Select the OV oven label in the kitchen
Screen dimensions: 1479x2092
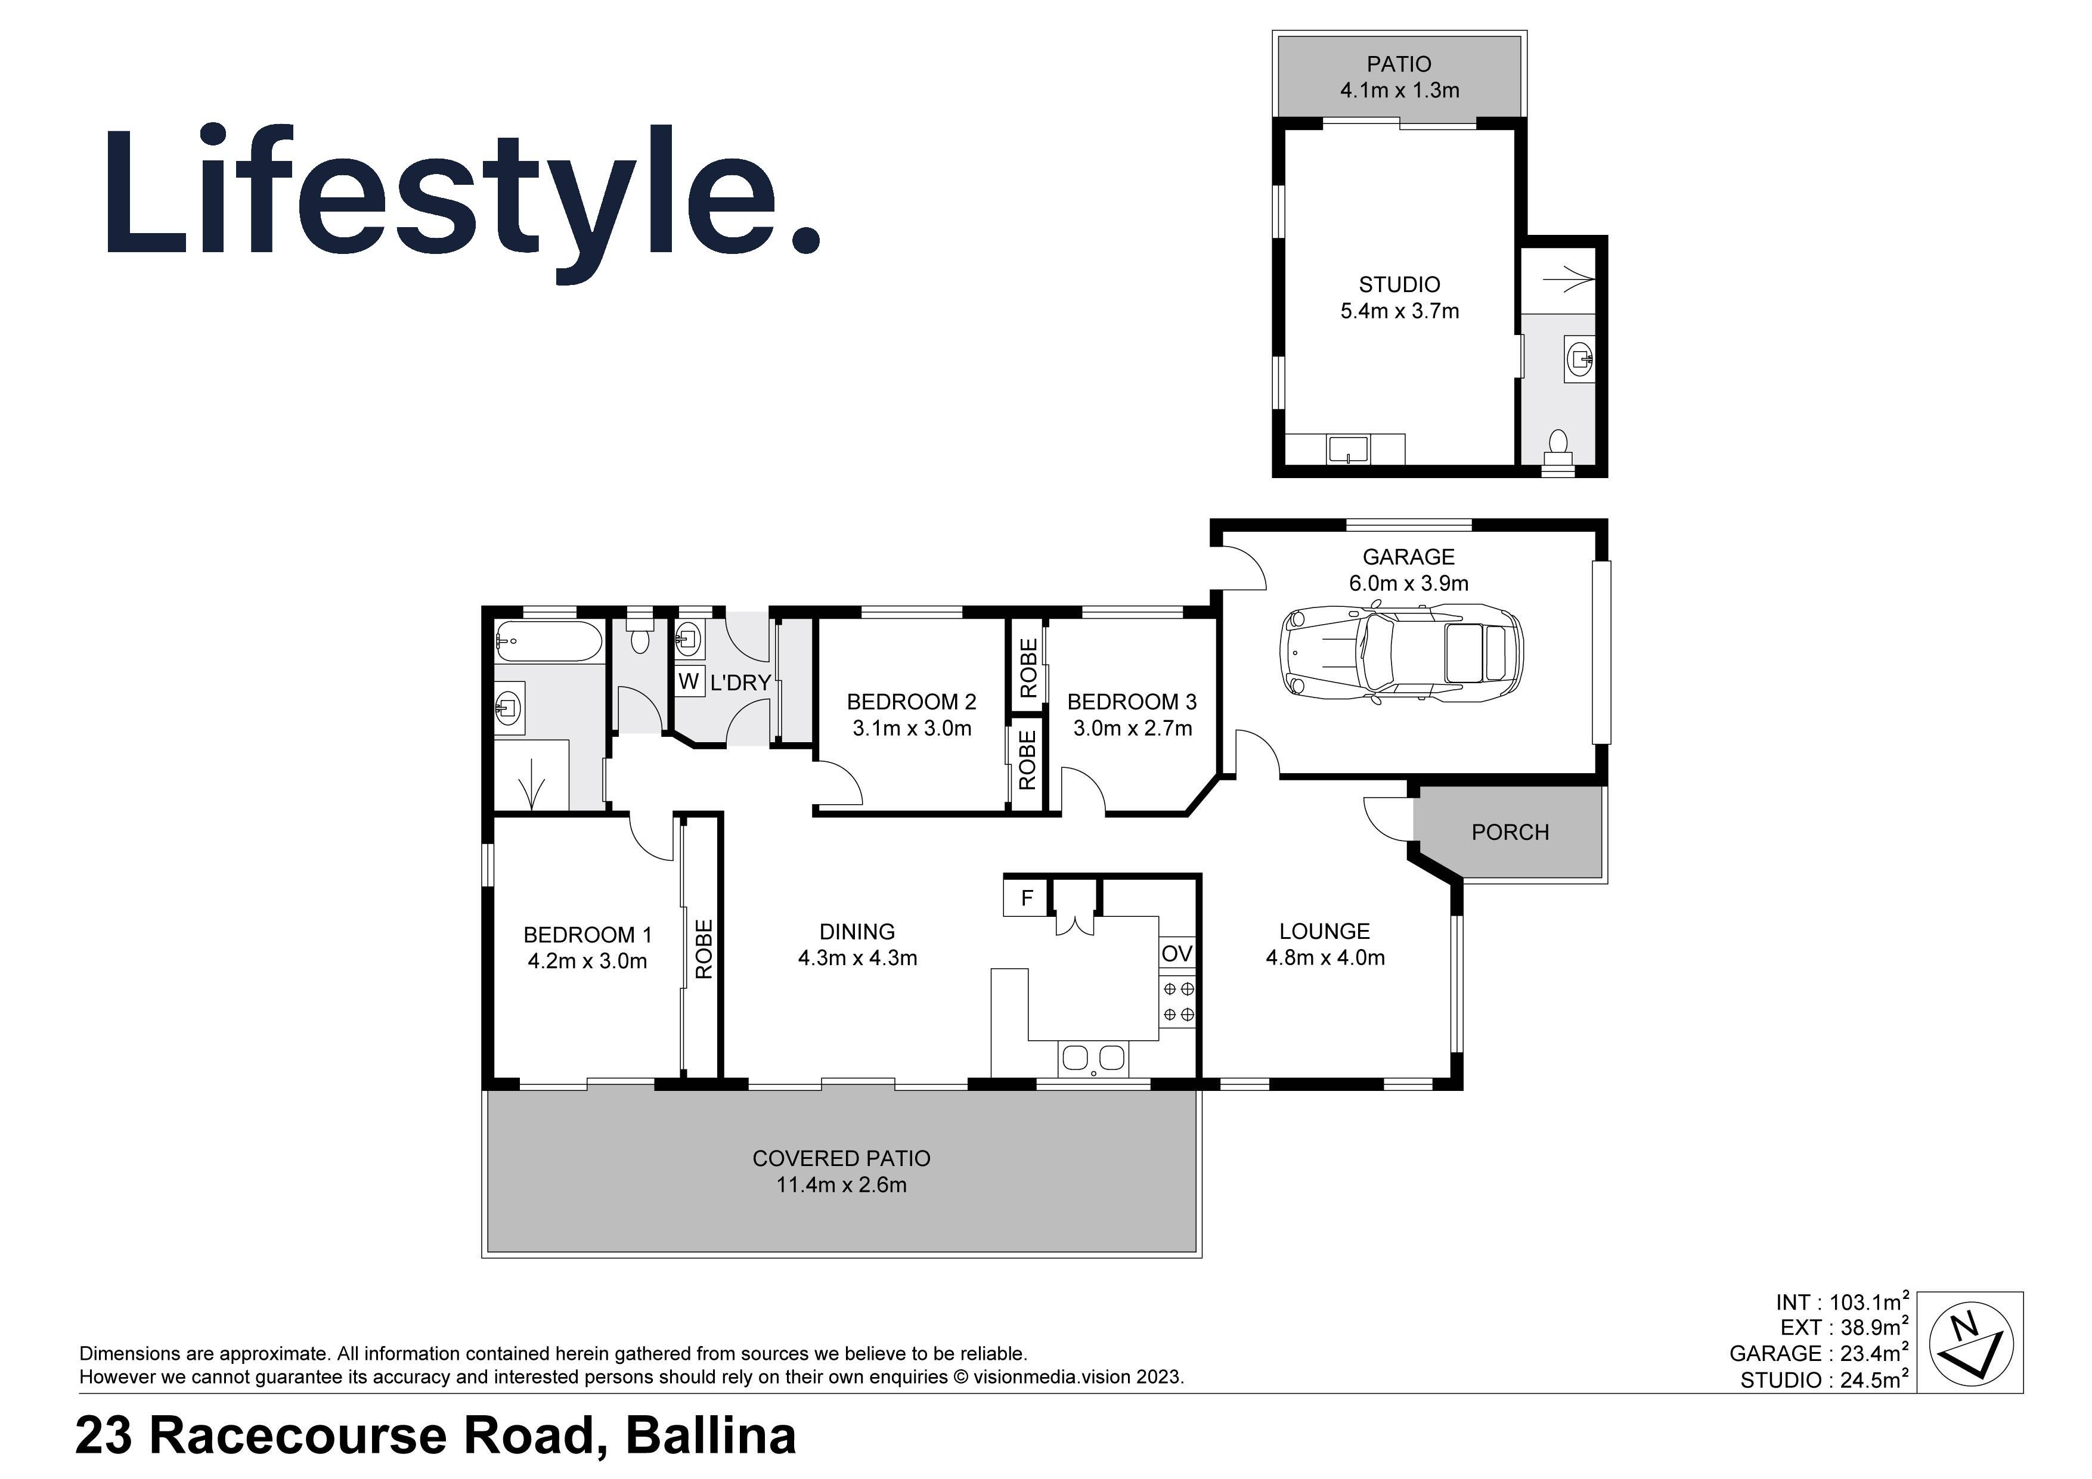click(1176, 953)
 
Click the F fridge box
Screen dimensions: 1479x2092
click(1027, 898)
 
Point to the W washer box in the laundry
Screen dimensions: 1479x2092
click(689, 681)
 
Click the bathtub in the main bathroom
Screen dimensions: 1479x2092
click(548, 641)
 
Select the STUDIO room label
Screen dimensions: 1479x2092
click(1399, 284)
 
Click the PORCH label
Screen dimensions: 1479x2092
click(1510, 832)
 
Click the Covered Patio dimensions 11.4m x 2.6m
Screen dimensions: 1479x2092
click(841, 1185)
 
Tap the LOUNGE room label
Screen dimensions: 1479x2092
click(1324, 931)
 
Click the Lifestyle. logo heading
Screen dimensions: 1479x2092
click(463, 196)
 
